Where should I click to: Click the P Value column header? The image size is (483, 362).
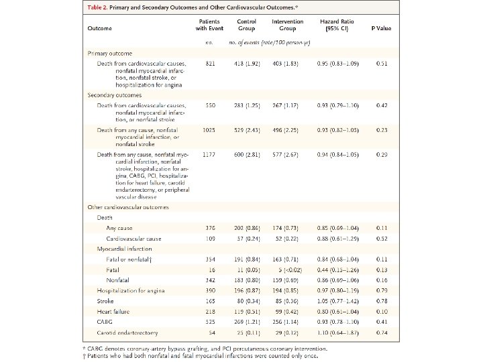[x=381, y=29]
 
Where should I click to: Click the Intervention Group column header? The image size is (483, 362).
[x=287, y=25]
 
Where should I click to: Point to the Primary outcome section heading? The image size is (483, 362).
[x=110, y=52]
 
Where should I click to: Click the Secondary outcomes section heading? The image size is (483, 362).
[x=115, y=95]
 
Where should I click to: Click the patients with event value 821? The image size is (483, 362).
[x=210, y=63]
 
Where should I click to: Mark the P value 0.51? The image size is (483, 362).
[x=381, y=63]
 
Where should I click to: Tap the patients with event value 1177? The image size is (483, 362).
[x=210, y=155]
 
